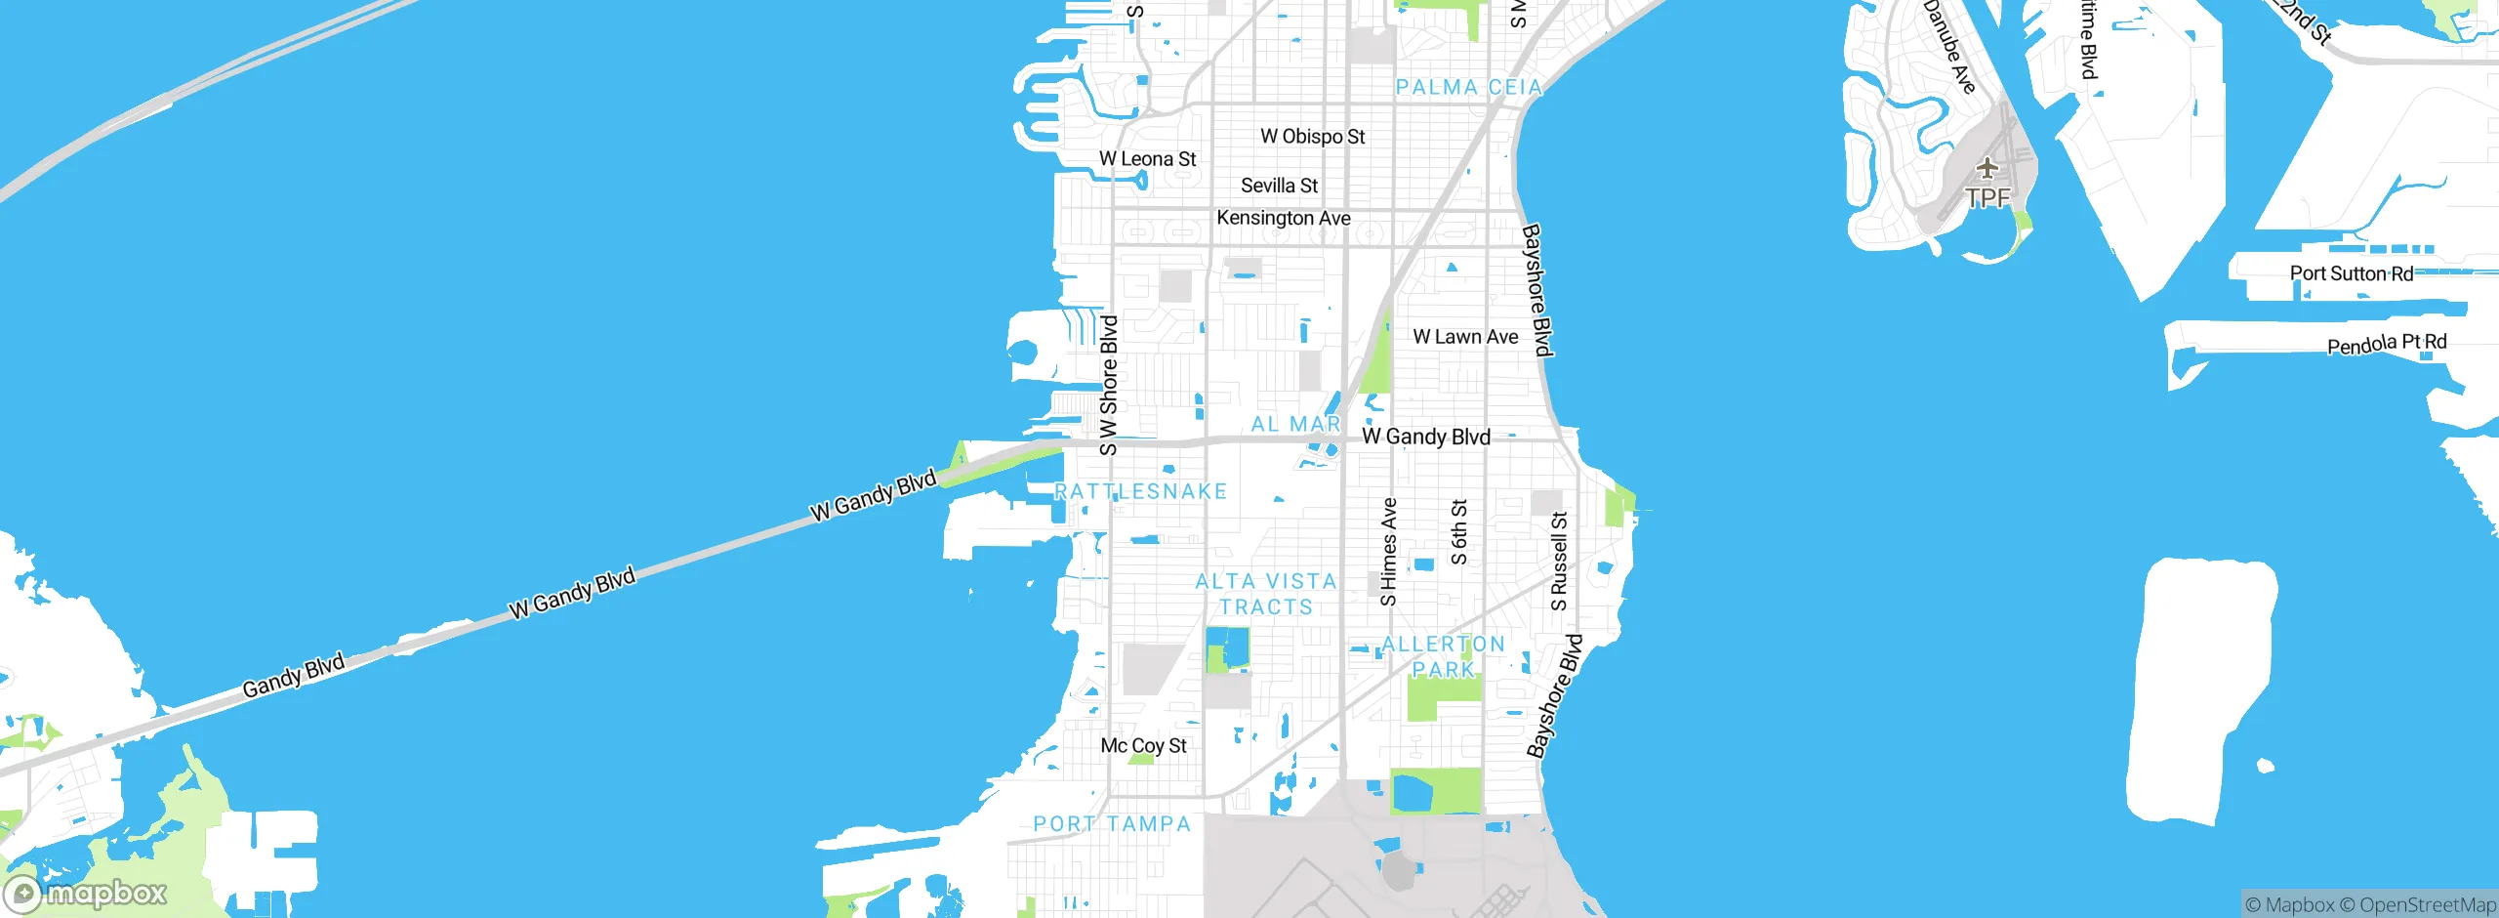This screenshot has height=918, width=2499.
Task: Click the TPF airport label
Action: tap(1987, 198)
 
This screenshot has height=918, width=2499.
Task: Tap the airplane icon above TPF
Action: tap(1987, 168)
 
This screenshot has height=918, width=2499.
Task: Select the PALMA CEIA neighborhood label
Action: tap(1468, 88)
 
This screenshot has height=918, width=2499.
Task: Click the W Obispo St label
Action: tap(1312, 137)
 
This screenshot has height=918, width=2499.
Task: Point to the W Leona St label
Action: tap(1147, 159)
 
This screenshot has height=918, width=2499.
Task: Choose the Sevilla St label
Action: tap(1279, 186)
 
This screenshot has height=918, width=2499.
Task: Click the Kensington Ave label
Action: tap(1283, 218)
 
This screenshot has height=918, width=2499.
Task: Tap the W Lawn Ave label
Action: tap(1465, 337)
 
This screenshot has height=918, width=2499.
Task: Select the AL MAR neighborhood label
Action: tap(1295, 425)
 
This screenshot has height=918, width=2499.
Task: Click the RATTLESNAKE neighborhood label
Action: tap(1140, 491)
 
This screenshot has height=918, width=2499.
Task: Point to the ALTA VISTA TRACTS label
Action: tap(1266, 594)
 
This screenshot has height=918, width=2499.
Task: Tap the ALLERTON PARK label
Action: tap(1443, 656)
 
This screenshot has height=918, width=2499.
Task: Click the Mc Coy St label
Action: tap(1143, 746)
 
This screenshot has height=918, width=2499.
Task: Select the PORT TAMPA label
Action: tap(1112, 824)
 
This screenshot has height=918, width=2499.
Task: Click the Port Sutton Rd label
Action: tap(2351, 273)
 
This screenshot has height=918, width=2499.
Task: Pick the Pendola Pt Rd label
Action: tap(2387, 344)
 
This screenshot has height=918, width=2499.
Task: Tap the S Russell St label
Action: tap(1559, 562)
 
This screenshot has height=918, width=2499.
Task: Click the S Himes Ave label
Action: tap(1388, 552)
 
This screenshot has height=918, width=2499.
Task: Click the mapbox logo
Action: tap(86, 893)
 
